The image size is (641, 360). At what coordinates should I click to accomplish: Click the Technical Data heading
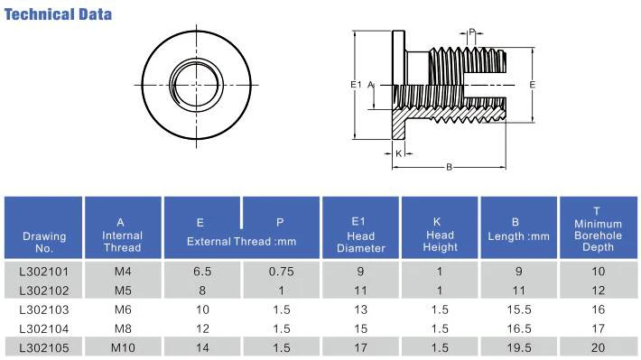[59, 14]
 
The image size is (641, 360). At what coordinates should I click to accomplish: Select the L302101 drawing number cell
[44, 270]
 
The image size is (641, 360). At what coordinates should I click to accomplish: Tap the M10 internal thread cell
[122, 346]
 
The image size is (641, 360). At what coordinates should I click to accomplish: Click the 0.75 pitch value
[281, 270]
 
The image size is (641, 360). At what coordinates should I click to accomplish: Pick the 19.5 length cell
[517, 346]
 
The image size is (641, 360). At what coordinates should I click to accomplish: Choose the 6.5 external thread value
[201, 270]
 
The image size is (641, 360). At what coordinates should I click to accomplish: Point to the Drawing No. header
[44, 242]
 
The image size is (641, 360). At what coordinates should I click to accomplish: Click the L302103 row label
[44, 309]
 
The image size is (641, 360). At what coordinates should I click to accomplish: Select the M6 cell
[122, 309]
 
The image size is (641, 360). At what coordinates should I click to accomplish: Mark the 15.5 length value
[517, 309]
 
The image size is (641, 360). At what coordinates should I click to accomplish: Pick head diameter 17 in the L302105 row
[360, 346]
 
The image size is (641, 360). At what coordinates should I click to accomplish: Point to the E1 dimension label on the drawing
[356, 84]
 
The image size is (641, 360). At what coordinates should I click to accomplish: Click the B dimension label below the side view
[449, 166]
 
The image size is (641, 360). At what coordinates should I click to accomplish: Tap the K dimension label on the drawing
[398, 153]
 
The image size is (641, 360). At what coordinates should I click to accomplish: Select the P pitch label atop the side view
[471, 32]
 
